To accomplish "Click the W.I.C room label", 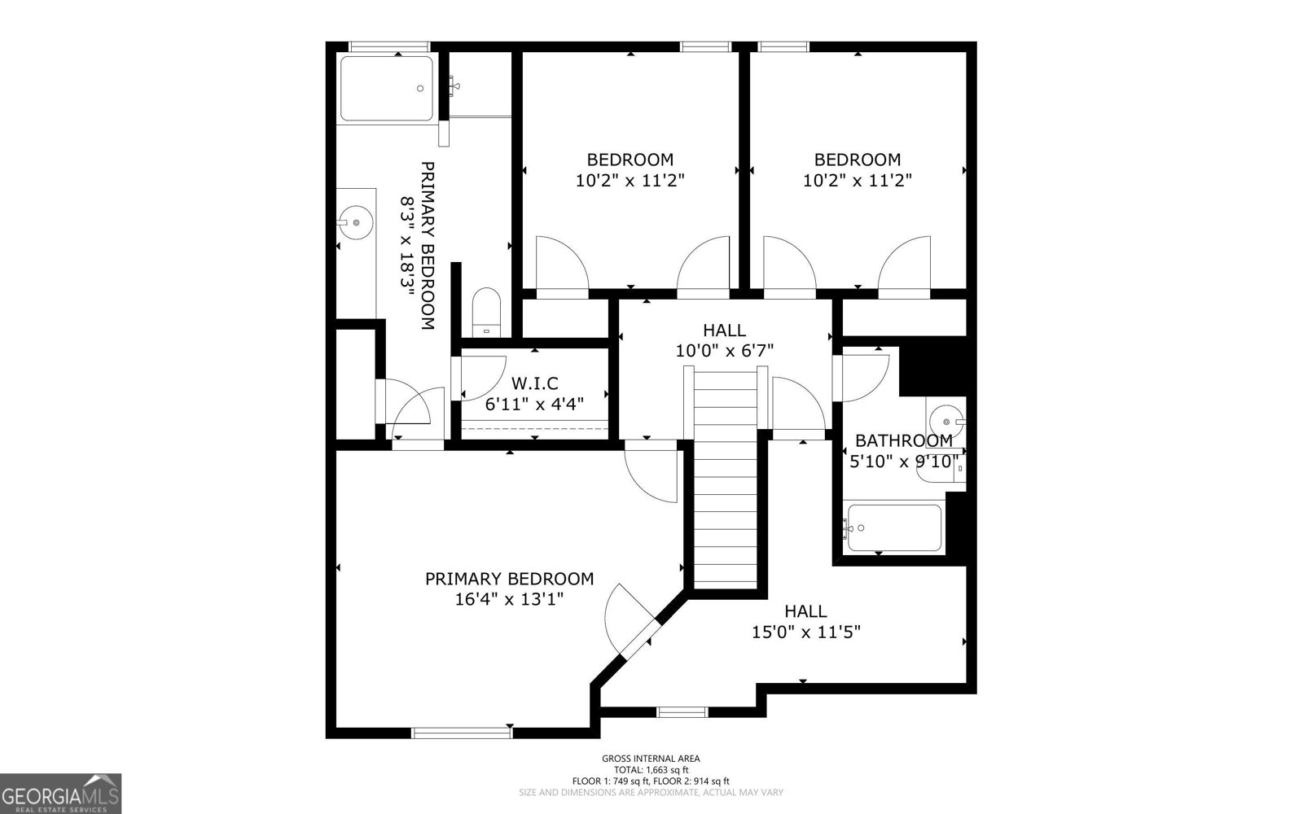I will (534, 383).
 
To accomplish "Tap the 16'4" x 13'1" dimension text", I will (509, 600).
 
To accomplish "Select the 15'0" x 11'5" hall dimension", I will (806, 631).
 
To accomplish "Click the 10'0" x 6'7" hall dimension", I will (724, 351).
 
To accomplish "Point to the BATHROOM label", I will (903, 440).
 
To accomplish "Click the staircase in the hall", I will (726, 488).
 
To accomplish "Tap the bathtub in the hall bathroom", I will (893, 527).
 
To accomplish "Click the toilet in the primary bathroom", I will (488, 311).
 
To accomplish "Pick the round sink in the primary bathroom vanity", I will (356, 221).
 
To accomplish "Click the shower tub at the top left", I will (387, 89).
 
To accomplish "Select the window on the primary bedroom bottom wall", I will (462, 733).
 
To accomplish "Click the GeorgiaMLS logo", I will (60, 794).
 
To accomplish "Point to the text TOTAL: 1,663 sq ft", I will (651, 769).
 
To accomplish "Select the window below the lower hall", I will (682, 712).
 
